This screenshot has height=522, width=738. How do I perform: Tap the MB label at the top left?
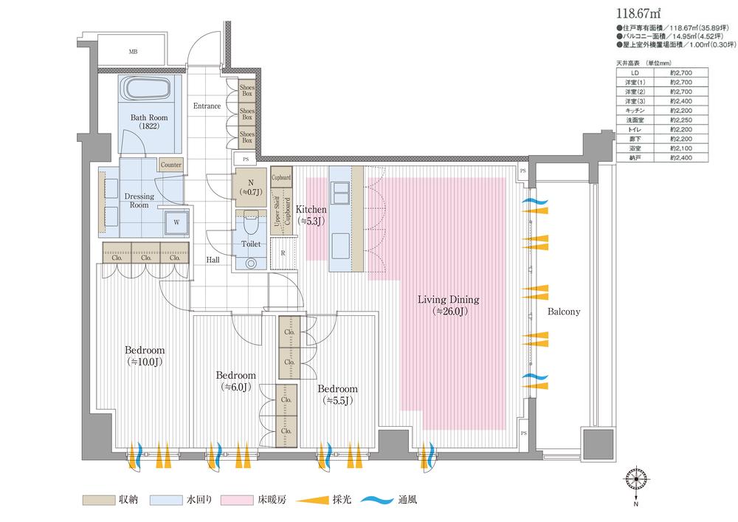134,52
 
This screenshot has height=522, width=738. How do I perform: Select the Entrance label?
207,106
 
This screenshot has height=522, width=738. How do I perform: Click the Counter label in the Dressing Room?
170,165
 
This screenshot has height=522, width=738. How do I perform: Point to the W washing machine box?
177,221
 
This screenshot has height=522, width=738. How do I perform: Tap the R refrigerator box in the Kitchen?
283,253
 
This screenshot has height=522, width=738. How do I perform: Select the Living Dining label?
448,305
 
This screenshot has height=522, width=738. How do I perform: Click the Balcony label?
564,312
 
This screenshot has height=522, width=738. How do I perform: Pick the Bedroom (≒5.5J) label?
337,394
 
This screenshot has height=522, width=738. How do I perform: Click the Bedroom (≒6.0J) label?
236,380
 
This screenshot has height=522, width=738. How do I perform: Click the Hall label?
213,260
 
